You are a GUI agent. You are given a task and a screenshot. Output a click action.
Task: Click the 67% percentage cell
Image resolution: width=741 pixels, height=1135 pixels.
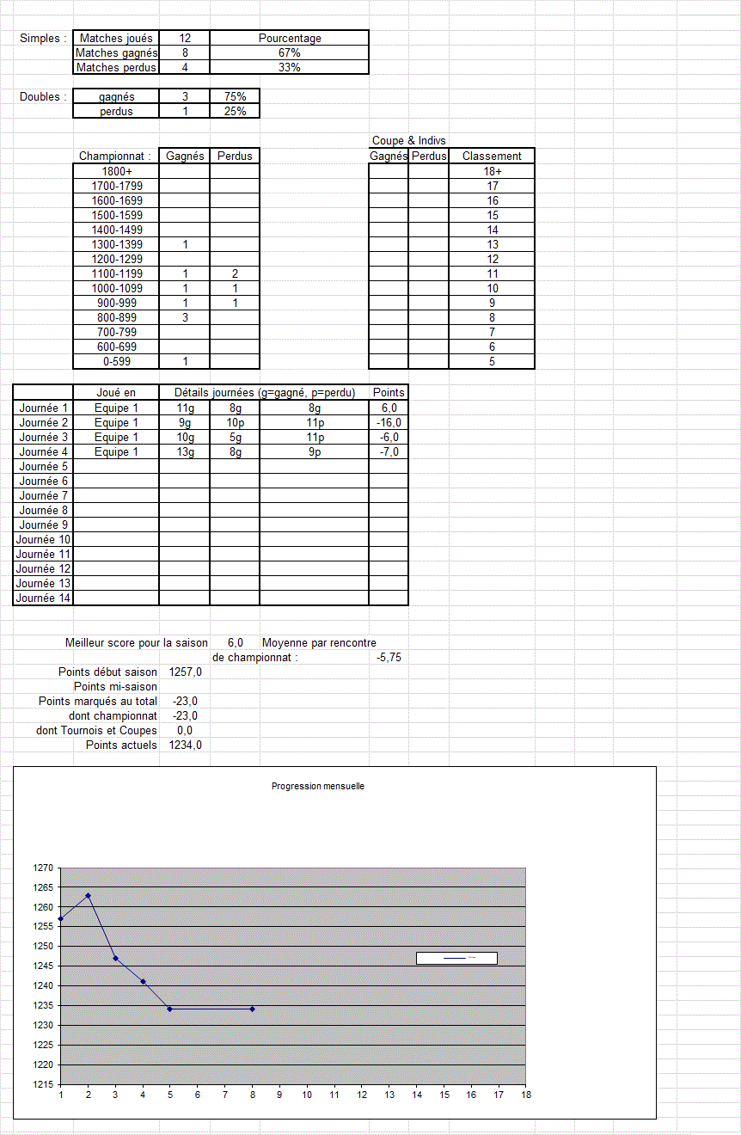pos(289,52)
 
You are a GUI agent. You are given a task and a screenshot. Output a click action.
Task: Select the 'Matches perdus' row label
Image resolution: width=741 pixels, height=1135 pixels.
pos(116,67)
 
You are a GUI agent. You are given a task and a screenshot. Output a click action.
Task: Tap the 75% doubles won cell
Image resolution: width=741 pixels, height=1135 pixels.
pos(235,96)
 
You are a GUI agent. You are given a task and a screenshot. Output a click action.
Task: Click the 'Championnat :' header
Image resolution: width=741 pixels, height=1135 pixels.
pos(115,156)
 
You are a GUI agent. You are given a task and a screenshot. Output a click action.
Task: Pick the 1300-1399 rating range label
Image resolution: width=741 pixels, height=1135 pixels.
pos(117,244)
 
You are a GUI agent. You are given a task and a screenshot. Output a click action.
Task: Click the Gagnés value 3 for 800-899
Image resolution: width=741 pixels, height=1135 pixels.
pos(185,317)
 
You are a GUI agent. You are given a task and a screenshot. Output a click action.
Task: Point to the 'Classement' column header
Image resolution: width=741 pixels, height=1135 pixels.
pos(492,156)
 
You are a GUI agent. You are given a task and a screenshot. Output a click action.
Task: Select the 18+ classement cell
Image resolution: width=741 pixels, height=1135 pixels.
pos(492,171)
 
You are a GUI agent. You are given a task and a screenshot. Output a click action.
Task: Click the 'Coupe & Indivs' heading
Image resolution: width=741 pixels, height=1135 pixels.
pos(408,140)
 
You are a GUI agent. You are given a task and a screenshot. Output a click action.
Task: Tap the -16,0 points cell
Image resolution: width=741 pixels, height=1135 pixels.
pos(389,422)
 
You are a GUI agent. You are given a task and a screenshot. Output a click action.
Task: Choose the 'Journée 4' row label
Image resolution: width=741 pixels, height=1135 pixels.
pos(44,451)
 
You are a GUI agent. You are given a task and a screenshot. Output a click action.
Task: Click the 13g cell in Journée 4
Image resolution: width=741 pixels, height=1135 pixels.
pos(185,451)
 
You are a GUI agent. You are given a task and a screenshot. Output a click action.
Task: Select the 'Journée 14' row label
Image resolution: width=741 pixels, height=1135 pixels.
pos(43,598)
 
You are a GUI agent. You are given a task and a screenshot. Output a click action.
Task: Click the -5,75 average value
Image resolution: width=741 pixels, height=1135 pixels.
pos(389,657)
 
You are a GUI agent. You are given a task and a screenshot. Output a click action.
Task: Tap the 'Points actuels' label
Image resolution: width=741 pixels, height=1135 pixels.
pos(121,745)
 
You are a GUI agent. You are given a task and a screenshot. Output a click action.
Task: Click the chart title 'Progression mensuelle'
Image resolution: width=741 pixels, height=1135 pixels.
pos(317,786)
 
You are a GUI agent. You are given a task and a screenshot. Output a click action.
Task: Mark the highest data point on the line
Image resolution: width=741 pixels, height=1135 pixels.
pos(88,895)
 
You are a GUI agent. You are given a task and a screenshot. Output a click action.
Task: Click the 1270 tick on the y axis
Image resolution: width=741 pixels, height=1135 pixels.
pos(43,868)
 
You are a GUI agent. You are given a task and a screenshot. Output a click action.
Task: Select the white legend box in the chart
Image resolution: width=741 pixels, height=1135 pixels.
pos(456,958)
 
